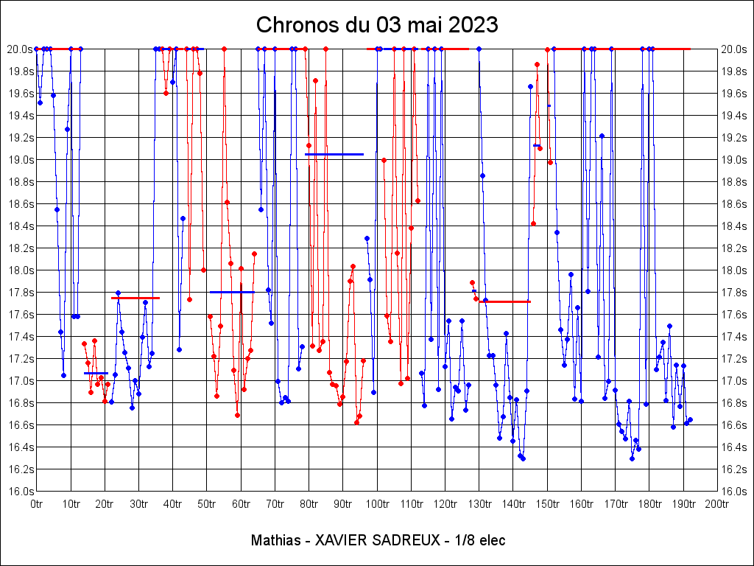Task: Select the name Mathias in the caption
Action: pos(276,540)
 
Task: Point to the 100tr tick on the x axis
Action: pos(377,504)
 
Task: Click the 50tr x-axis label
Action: pos(207,504)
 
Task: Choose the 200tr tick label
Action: pos(717,504)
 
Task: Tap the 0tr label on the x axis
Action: pos(37,504)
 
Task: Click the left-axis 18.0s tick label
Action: pos(20,270)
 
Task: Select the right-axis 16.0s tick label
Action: pos(734,491)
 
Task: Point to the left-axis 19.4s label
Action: pos(20,115)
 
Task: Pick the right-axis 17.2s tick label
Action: pos(734,358)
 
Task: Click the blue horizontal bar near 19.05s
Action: pos(334,154)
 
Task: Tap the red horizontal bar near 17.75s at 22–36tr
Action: pos(135,298)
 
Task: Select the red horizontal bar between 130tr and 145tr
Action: pos(505,301)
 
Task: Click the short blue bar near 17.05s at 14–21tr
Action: pos(96,373)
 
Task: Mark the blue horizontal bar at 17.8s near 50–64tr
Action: pos(231,292)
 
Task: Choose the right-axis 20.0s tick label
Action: pos(734,49)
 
